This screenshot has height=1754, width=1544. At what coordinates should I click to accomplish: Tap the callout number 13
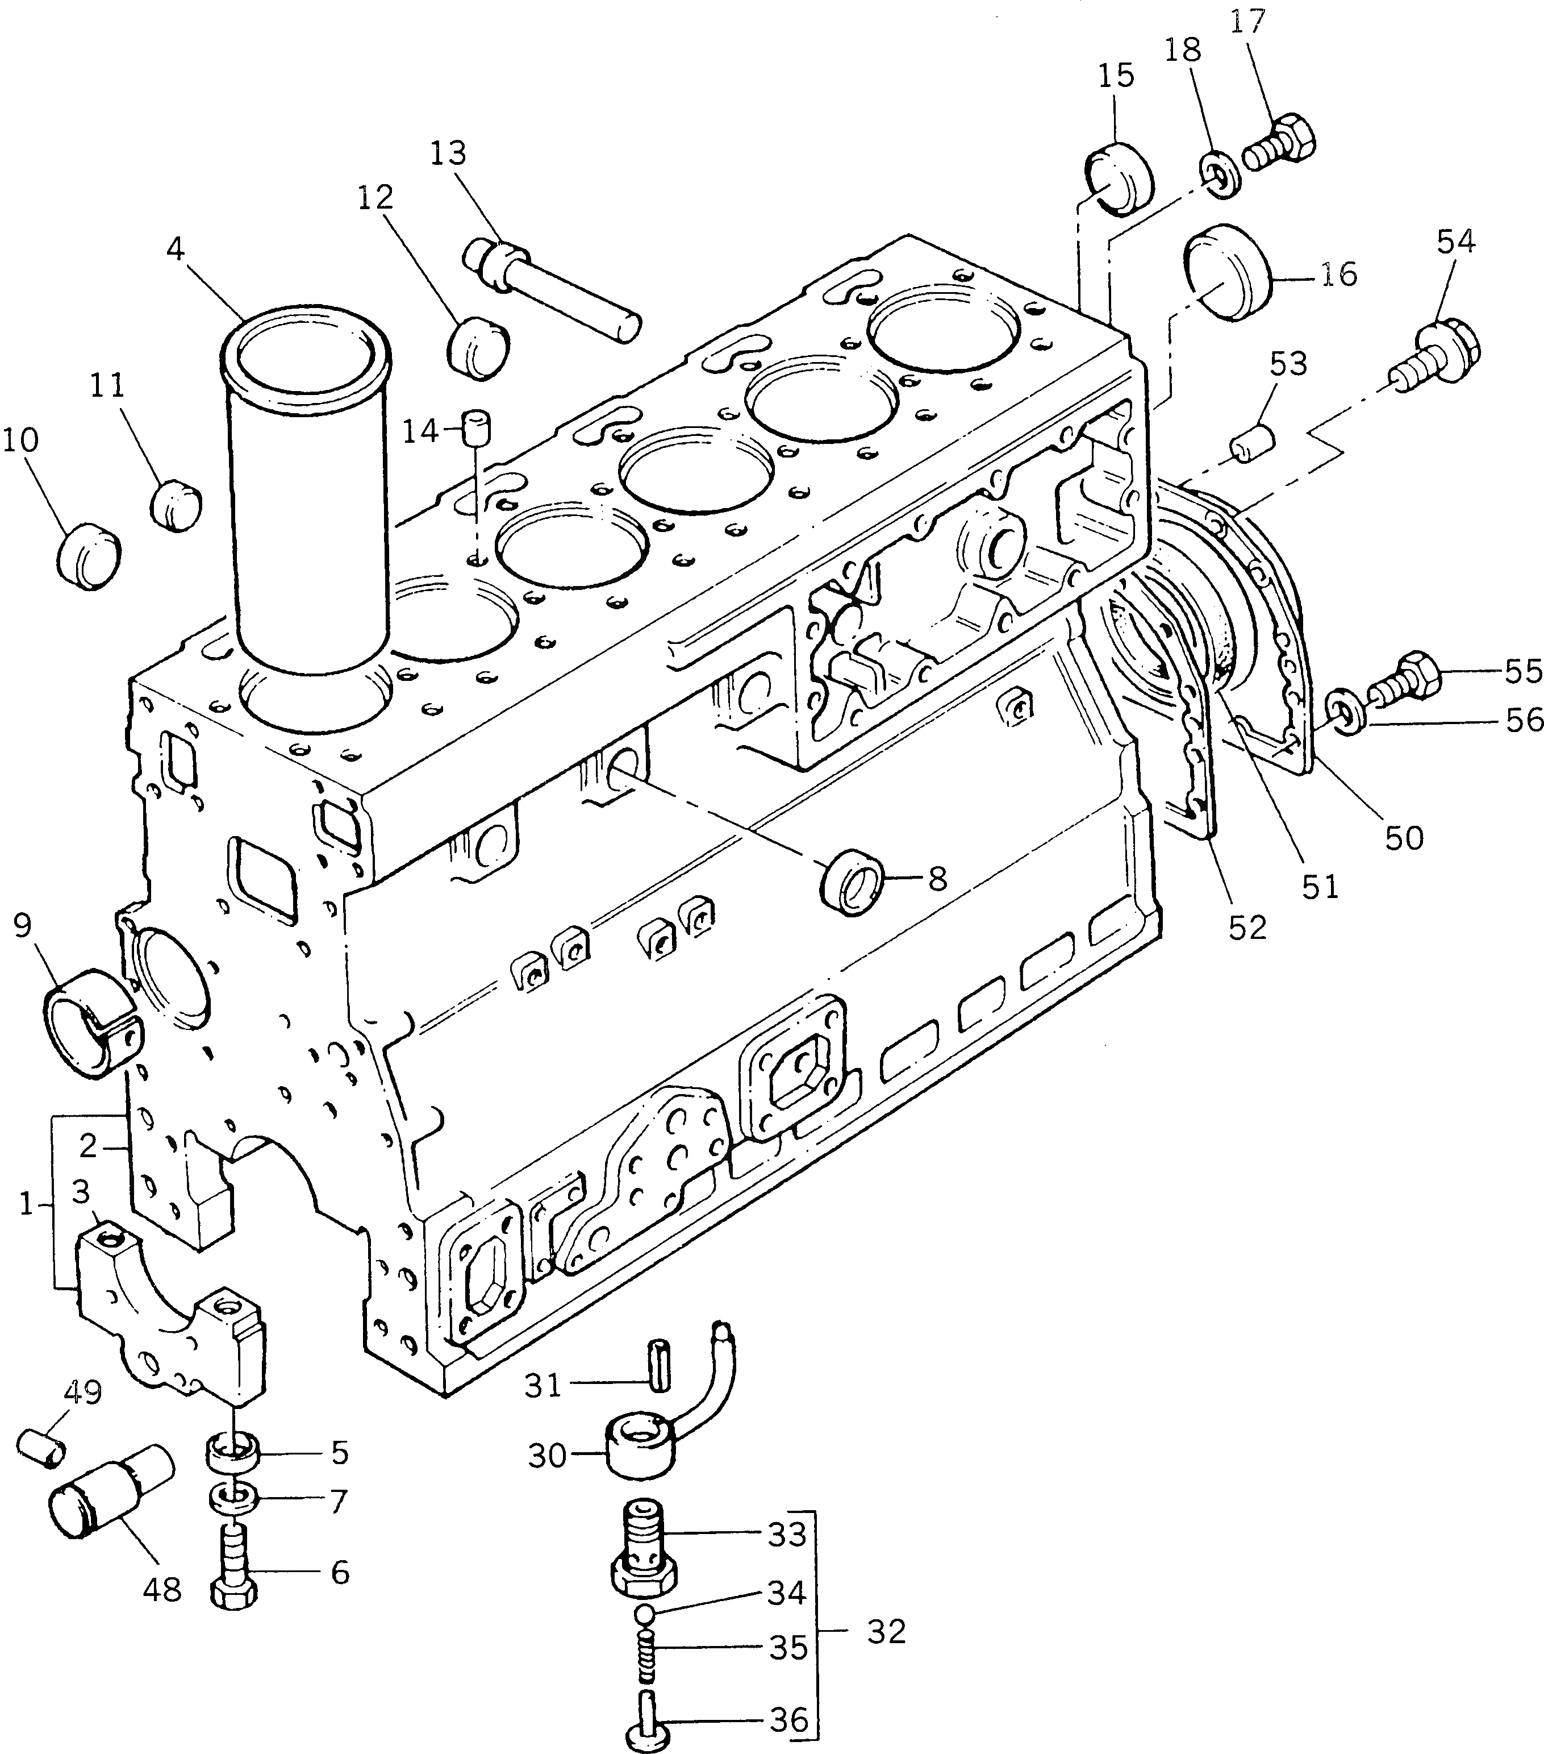(x=448, y=153)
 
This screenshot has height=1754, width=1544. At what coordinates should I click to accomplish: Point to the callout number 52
(x=1246, y=928)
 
